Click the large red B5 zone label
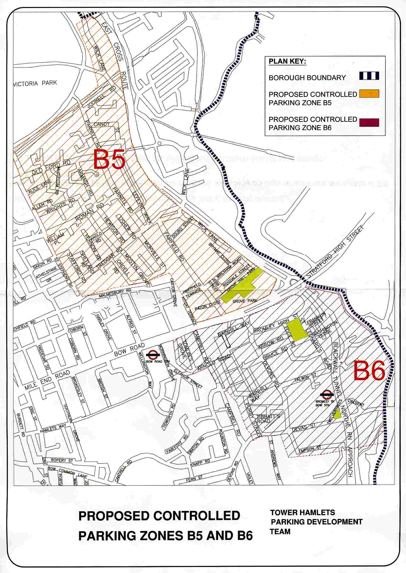pyautogui.click(x=109, y=160)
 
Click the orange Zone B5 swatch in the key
pyautogui.click(x=369, y=94)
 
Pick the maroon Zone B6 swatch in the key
pyautogui.click(x=369, y=122)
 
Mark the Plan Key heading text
pyautogui.click(x=287, y=62)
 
